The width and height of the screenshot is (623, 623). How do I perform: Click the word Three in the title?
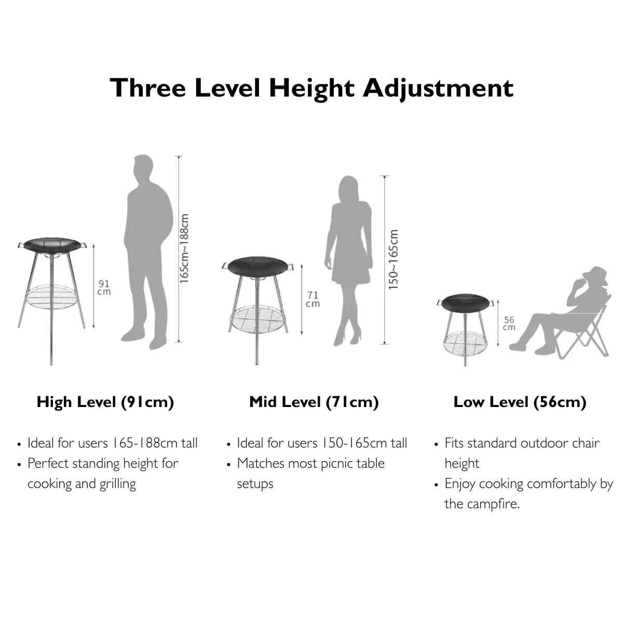[148, 88]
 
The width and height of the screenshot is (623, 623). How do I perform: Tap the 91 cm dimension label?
[104, 288]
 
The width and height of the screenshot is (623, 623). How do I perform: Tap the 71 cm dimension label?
[313, 299]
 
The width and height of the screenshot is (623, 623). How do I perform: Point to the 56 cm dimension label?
[509, 323]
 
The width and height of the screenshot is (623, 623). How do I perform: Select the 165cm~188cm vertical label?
[184, 249]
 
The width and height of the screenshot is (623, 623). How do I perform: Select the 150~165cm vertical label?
[393, 260]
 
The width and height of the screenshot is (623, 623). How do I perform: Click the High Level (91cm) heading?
[105, 402]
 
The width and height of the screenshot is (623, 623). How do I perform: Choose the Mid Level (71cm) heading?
[314, 402]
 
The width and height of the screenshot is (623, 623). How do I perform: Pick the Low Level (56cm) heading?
[520, 402]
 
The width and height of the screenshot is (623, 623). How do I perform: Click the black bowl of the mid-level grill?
[257, 267]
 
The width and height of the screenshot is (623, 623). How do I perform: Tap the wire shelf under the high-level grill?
[51, 296]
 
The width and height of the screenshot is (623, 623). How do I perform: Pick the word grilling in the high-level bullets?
[118, 484]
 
